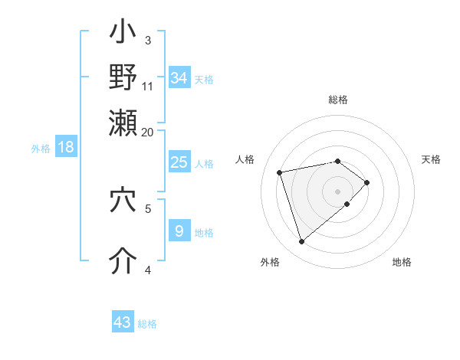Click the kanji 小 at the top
(x=123, y=34)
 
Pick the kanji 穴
(x=123, y=201)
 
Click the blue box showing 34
(x=179, y=78)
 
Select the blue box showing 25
(x=179, y=162)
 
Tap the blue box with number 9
(x=179, y=231)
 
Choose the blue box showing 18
(x=65, y=147)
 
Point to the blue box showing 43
(x=123, y=322)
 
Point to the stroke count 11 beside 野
(x=148, y=85)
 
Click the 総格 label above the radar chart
(x=338, y=100)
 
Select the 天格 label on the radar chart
(x=431, y=159)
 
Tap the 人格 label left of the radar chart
(x=245, y=159)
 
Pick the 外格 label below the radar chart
(x=270, y=262)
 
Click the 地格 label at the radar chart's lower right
(x=402, y=262)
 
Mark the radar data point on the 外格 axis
(x=302, y=242)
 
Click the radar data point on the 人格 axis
(x=281, y=172)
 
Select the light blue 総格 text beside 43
(x=148, y=324)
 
